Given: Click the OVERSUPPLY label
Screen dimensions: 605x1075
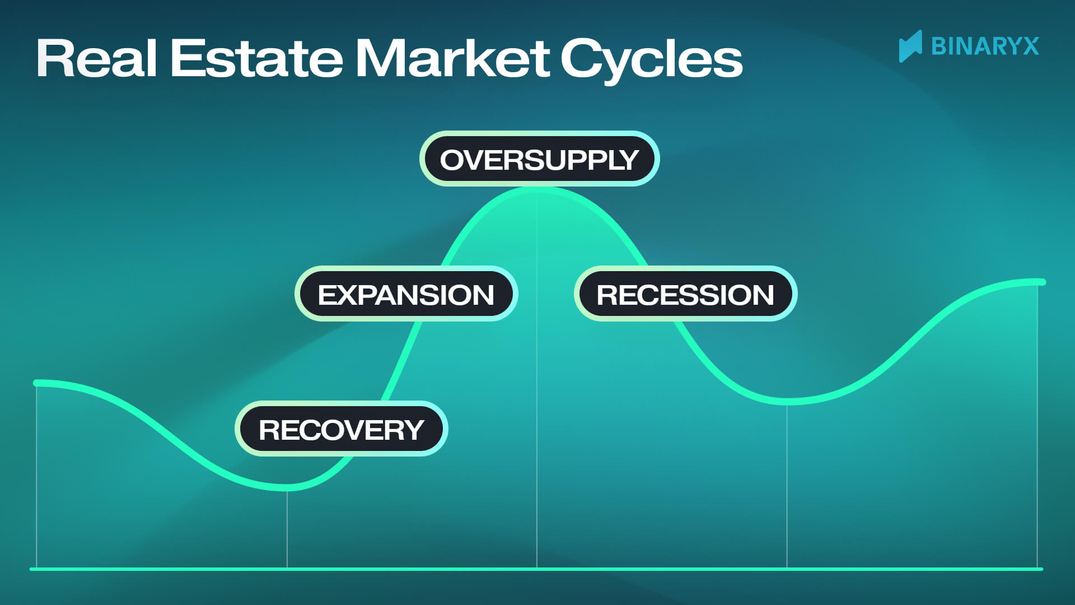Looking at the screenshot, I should point(539,159).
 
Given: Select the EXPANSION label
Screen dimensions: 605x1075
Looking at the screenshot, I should point(406,294).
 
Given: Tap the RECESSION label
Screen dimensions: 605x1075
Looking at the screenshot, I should point(685,294).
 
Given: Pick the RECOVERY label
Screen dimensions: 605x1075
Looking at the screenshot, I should point(341,429).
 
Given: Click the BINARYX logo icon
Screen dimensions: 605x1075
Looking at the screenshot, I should point(910,46).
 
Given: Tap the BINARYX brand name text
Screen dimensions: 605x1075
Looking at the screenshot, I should point(985,46).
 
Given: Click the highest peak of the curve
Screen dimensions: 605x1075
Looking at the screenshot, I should point(537,190).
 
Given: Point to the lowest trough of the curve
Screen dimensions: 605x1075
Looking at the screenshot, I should point(287,487).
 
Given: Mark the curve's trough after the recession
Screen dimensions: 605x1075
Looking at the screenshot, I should point(787,401).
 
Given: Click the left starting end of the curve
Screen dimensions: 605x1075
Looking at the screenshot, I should point(37,383).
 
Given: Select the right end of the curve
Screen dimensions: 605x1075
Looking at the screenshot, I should point(1041,282).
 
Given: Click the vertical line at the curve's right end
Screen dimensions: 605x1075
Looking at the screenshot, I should point(1037,426).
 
